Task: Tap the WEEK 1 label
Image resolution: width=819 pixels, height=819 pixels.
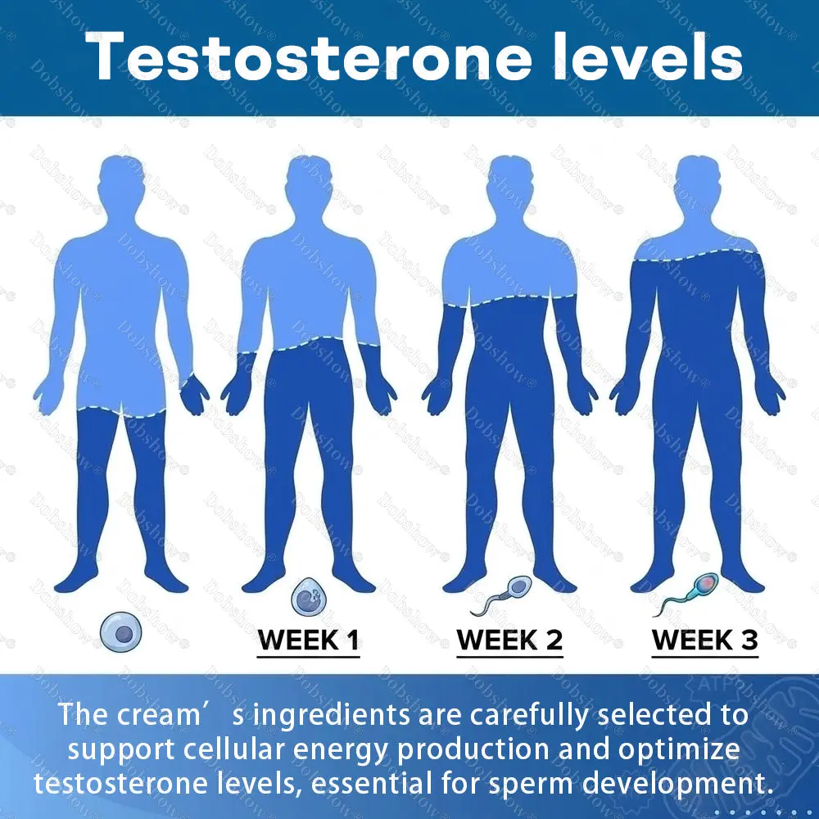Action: click(309, 640)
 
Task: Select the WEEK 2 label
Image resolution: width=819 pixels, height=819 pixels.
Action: click(509, 640)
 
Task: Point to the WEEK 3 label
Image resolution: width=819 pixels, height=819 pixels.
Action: click(705, 640)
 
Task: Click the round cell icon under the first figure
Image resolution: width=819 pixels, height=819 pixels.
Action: click(121, 632)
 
